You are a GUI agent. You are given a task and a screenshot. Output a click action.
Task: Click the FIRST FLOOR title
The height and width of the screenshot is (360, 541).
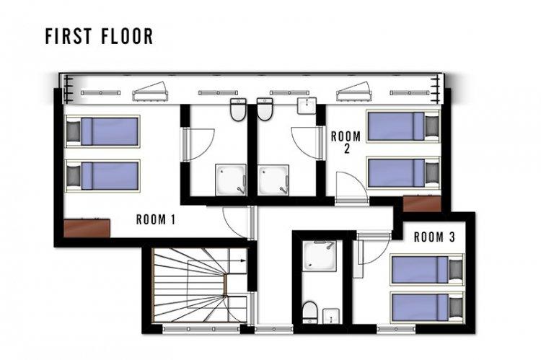(99, 36)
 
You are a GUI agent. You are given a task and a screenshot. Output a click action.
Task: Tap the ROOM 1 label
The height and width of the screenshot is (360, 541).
(156, 219)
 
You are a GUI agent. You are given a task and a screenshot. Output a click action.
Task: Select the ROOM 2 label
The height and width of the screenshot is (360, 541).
(346, 142)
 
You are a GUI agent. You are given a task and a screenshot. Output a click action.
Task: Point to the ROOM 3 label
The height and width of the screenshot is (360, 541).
(434, 237)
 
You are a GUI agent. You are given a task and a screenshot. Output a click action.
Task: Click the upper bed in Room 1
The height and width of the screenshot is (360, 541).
(102, 131)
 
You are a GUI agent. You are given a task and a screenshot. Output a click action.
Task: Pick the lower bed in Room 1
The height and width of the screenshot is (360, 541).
(102, 176)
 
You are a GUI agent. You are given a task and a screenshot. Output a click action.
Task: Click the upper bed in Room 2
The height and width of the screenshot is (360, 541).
(403, 126)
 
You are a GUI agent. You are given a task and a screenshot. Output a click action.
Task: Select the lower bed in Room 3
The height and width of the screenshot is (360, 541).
(427, 307)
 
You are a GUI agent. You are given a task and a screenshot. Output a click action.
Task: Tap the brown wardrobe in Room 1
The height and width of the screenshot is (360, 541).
(87, 228)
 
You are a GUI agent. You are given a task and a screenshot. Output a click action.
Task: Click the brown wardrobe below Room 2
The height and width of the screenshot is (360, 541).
(422, 203)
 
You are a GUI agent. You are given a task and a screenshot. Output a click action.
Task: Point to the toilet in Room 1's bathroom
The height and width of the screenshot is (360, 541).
(238, 110)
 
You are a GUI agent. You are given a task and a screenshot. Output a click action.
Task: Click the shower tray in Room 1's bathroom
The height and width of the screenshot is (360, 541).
(231, 180)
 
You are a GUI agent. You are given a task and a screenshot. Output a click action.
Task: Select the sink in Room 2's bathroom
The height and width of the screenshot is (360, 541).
(307, 105)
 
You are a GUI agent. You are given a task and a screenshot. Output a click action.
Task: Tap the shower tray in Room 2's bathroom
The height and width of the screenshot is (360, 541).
(273, 180)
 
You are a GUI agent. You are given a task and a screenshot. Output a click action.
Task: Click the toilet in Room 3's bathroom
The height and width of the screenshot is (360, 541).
(310, 312)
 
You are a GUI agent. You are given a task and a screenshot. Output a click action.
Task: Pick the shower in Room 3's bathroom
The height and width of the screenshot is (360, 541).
(319, 256)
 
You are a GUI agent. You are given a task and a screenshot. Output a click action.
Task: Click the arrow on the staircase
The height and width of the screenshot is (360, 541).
(238, 260)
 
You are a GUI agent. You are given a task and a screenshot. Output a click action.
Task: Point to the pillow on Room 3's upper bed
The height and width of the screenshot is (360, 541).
(456, 270)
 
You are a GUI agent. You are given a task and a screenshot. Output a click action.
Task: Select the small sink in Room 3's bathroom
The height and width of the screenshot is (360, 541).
(331, 316)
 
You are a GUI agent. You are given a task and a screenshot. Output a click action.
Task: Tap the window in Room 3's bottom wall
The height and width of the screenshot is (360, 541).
(396, 329)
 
